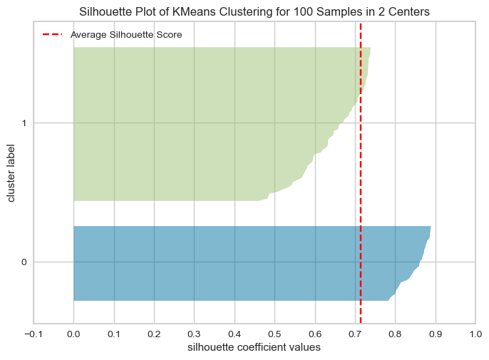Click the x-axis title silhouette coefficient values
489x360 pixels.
254,348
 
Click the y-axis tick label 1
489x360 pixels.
24,123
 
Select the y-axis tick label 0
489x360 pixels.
24,262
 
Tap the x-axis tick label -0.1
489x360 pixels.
33,334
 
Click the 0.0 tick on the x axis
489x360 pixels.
73,334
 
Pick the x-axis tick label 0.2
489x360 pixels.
154,334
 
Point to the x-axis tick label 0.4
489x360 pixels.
234,334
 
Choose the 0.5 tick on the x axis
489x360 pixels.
274,334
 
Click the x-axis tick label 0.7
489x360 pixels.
355,334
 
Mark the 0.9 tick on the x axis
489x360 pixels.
436,334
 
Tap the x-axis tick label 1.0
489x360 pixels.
475,334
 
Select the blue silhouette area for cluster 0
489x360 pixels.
228,262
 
